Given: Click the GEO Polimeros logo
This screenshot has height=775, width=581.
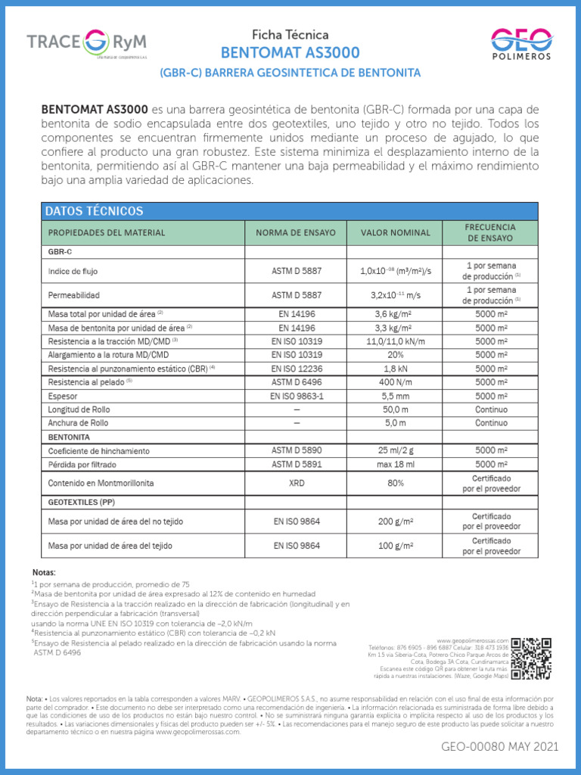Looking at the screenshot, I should [x=520, y=43].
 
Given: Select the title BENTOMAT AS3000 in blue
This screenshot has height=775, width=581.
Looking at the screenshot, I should [x=290, y=53].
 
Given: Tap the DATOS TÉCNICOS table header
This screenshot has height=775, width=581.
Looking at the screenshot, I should [x=94, y=210].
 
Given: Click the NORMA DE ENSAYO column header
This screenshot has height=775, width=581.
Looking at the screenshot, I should [x=296, y=232].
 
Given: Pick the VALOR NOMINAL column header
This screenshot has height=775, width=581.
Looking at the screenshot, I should [x=395, y=232].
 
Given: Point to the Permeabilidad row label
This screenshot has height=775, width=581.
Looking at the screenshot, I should [x=73, y=294].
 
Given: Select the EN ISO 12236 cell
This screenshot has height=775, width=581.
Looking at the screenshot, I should [x=296, y=369].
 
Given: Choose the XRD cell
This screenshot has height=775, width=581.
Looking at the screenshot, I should [x=296, y=483].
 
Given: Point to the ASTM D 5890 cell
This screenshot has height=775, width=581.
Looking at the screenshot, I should [x=296, y=451].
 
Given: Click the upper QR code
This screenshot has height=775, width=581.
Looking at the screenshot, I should [x=531, y=649].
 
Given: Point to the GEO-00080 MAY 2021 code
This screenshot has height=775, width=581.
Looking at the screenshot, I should [x=499, y=747].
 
